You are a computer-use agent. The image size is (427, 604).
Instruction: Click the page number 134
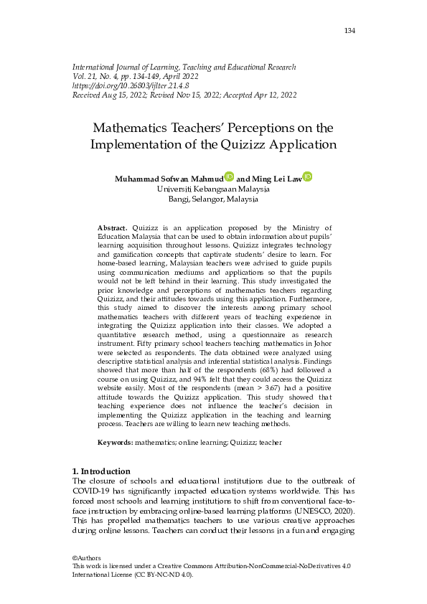pos(349,30)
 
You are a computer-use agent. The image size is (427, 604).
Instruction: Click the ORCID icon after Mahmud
pos(229,176)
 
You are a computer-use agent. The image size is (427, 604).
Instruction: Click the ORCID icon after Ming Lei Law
pos(307,176)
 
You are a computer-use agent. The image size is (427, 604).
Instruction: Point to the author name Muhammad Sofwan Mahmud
pos(169,178)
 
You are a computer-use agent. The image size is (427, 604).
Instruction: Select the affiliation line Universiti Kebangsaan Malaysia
pos(213,189)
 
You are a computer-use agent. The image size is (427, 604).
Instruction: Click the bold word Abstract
pos(112,227)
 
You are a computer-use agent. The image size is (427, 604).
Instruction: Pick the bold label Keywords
pos(116,443)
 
